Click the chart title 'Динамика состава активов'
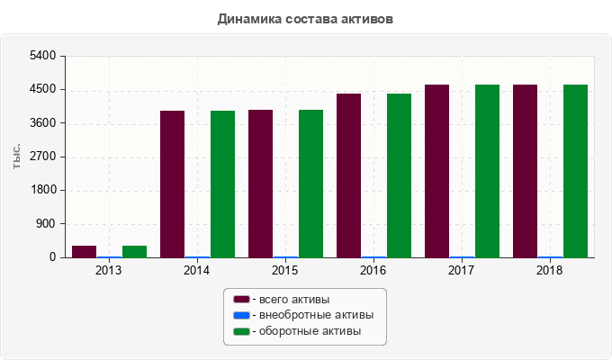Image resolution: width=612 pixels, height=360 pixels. pyautogui.click(x=305, y=18)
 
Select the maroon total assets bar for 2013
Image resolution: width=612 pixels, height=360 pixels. pyautogui.click(x=84, y=251)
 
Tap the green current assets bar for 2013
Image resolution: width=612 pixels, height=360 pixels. pyautogui.click(x=134, y=251)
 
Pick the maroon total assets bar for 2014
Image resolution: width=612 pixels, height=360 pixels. pyautogui.click(x=172, y=184)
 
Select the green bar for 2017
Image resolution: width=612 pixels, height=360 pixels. pyautogui.click(x=487, y=171)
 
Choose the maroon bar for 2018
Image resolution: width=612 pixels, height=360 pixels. pyautogui.click(x=525, y=171)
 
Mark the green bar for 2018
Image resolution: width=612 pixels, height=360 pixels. pyautogui.click(x=575, y=171)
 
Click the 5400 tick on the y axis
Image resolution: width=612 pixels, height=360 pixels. pyautogui.click(x=44, y=56)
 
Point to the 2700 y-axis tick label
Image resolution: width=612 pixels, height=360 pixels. pyautogui.click(x=44, y=157)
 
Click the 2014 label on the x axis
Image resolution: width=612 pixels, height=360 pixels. pyautogui.click(x=197, y=270)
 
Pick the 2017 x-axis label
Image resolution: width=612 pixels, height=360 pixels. pyautogui.click(x=462, y=270)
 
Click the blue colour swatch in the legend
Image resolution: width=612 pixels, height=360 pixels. pyautogui.click(x=241, y=315)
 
